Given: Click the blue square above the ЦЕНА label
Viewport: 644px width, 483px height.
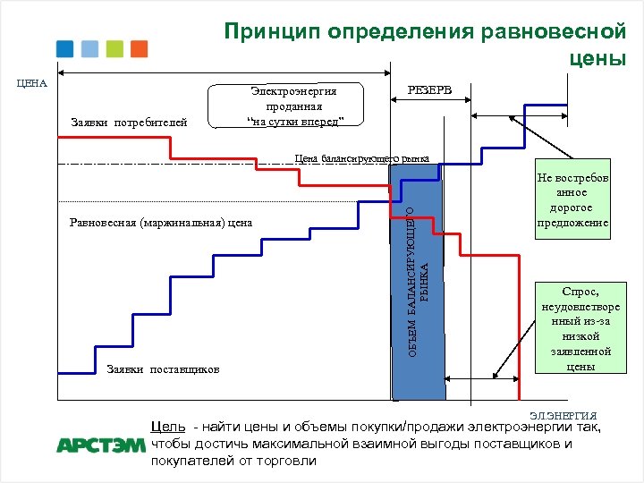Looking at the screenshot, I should coord(64,49).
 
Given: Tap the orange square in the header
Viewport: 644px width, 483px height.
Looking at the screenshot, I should coord(139,49).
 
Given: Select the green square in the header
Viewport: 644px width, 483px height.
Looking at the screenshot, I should coord(114,49).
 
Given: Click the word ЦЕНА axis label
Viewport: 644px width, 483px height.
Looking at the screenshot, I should coord(32,83).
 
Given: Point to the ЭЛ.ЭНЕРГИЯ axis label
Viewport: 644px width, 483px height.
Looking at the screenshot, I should coord(563,416).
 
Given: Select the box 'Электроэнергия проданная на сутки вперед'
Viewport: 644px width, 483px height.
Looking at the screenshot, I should coord(286,106).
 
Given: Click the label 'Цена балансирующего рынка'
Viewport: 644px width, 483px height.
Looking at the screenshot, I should coord(361,158).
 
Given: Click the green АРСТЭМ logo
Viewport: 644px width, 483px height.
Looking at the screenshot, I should coord(99,445).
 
